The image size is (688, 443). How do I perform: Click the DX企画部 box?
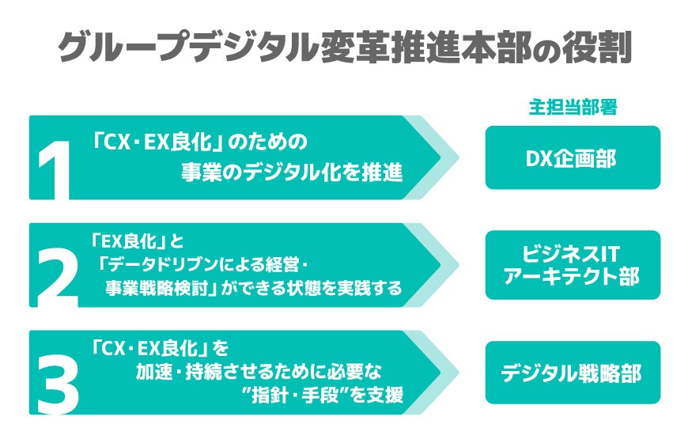[x=573, y=157]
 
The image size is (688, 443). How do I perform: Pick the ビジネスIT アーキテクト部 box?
[x=573, y=264]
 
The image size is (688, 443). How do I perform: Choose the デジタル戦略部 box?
[x=573, y=373]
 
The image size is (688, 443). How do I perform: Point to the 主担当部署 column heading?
[x=573, y=108]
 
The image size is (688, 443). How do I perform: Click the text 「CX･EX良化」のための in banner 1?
[x=198, y=142]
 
